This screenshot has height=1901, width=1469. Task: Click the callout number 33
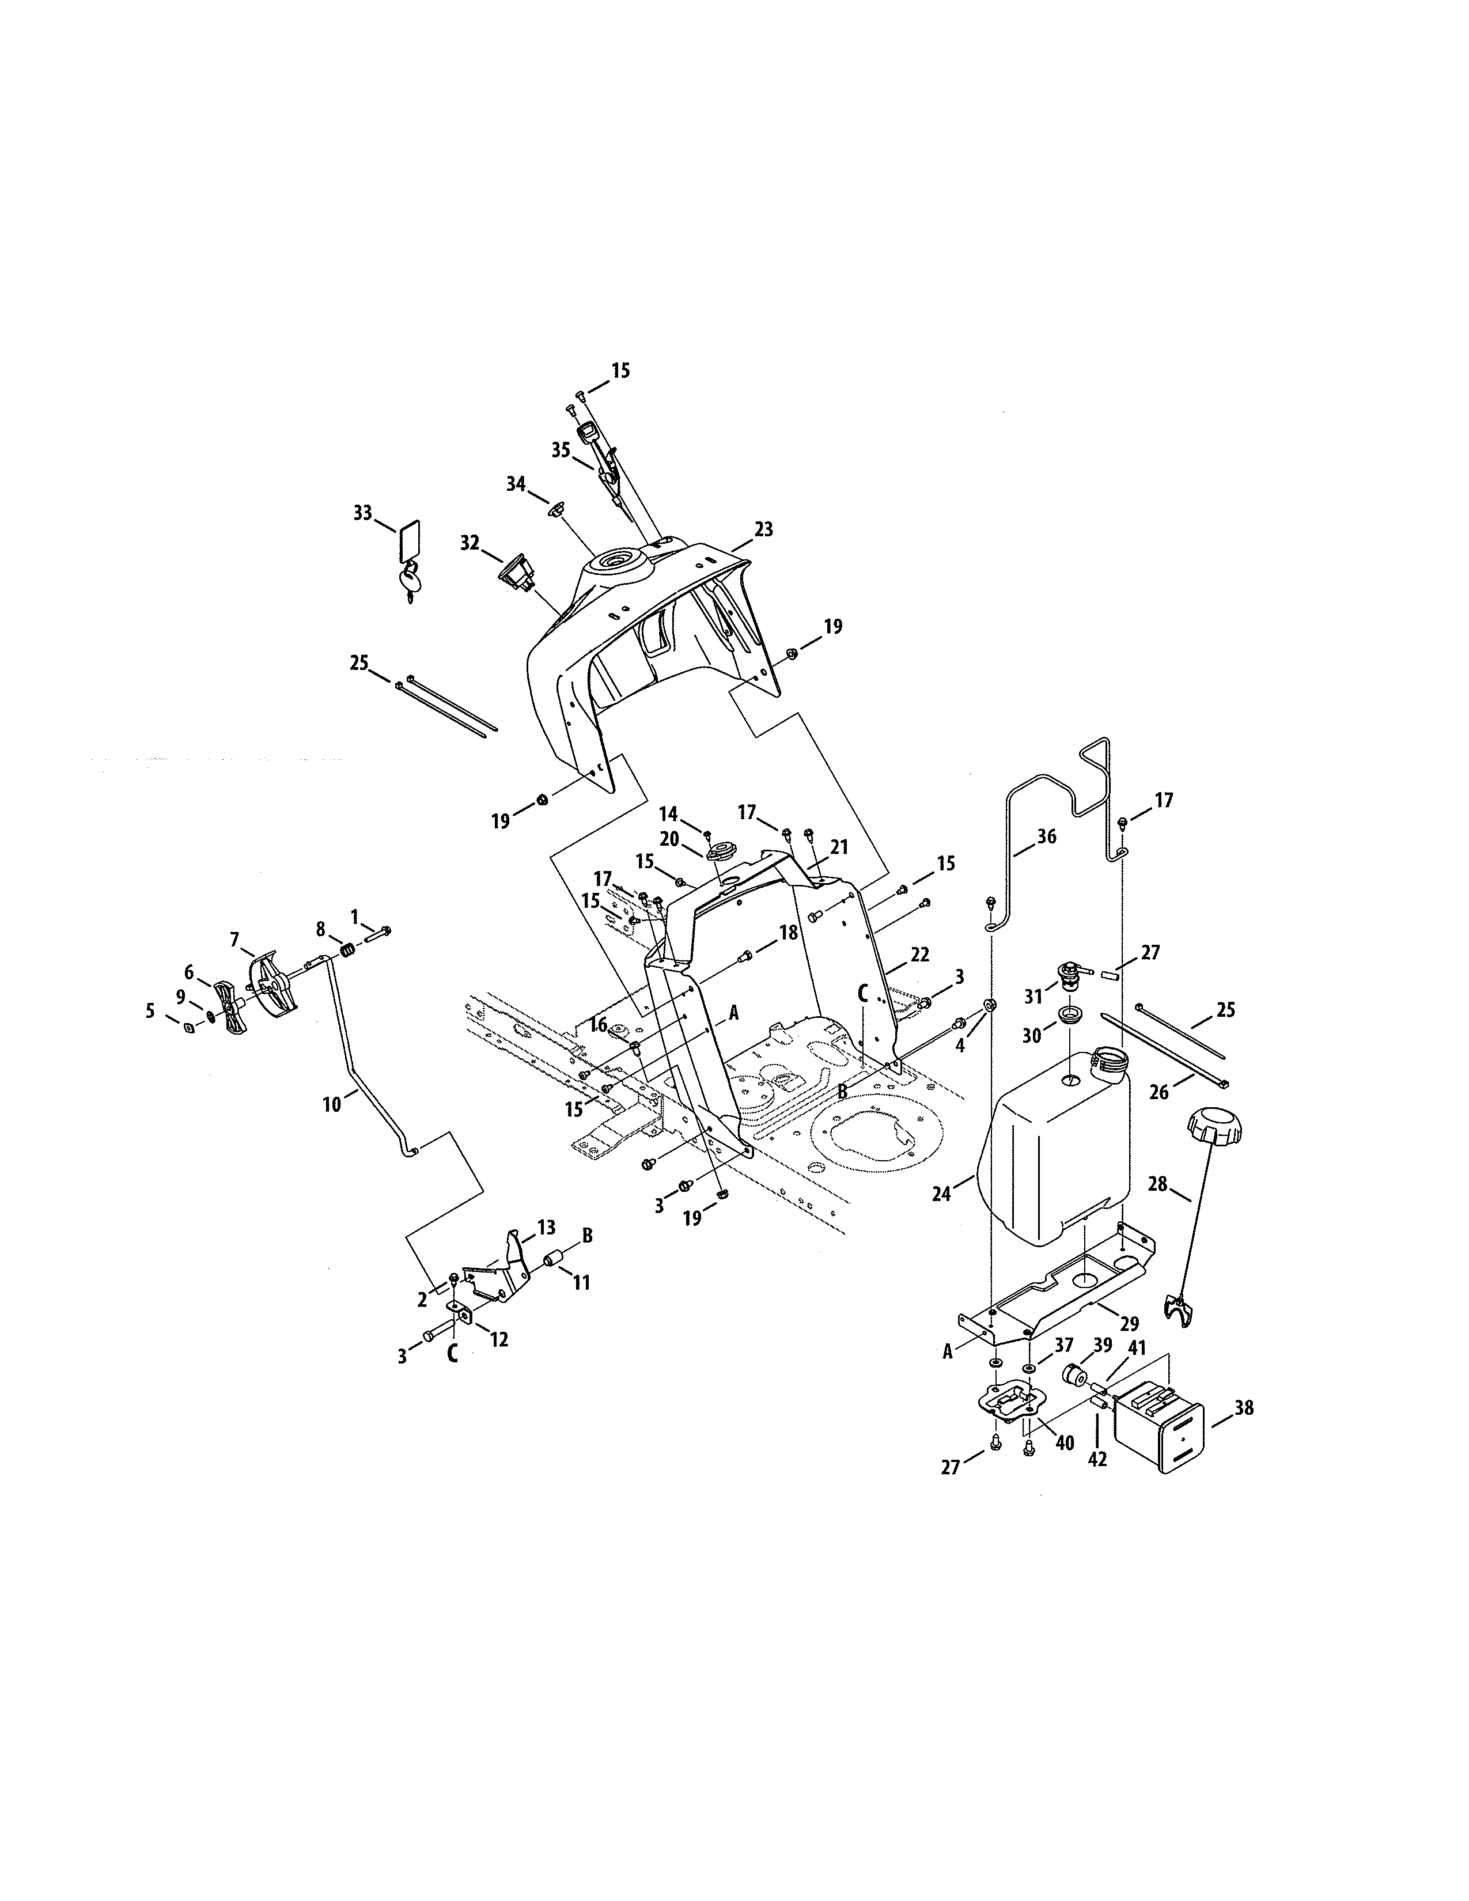(x=362, y=513)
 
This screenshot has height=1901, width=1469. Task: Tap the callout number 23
(x=763, y=529)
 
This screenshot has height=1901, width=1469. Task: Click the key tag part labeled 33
(x=409, y=540)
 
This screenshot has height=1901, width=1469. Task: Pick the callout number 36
(x=1046, y=836)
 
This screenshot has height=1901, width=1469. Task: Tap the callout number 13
(x=546, y=1227)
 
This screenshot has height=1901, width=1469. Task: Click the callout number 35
(x=561, y=449)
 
